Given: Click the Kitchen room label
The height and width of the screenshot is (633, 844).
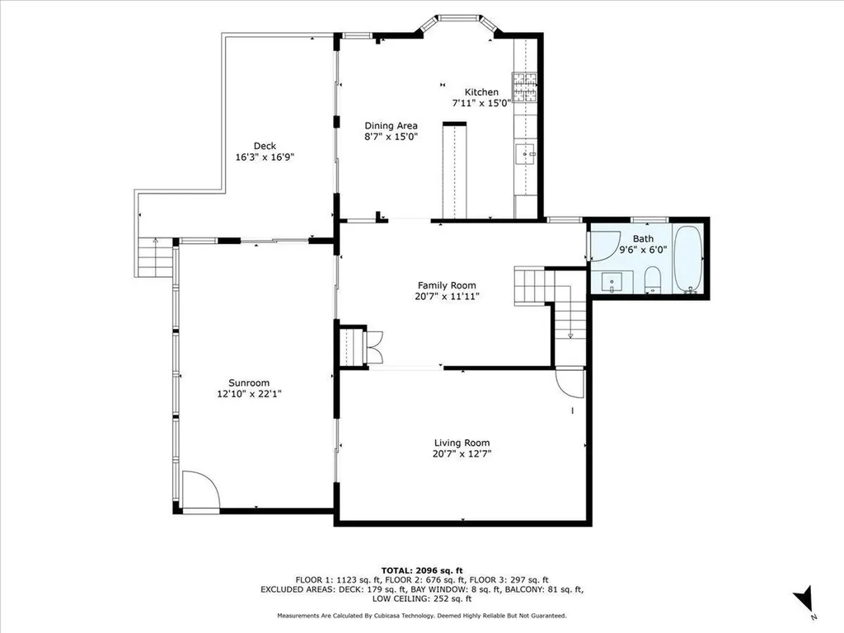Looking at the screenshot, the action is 481,92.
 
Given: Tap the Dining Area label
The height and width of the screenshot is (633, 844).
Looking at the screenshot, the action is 391,126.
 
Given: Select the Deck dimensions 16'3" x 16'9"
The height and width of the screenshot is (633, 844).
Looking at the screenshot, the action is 265,157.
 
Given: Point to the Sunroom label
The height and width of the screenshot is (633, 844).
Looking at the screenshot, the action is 249,383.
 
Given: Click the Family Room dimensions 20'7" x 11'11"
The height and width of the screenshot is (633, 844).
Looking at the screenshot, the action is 447,296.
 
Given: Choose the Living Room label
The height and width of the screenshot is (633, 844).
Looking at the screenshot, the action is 462,443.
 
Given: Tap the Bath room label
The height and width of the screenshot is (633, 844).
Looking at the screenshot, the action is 643,238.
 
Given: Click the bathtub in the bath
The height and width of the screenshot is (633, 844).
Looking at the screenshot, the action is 688,260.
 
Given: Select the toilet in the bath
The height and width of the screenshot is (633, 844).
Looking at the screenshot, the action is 653,279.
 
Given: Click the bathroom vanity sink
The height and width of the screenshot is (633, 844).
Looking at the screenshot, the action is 612,282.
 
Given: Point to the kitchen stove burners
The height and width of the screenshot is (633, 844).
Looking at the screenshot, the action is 525,87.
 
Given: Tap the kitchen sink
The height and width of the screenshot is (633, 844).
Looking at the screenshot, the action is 525,154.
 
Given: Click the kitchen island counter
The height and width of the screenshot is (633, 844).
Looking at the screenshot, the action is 454,171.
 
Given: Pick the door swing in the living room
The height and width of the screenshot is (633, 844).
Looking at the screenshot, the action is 569,382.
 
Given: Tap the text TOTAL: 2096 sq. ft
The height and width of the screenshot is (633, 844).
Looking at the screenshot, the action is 422,570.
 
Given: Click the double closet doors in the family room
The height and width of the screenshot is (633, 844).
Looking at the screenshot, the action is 374,345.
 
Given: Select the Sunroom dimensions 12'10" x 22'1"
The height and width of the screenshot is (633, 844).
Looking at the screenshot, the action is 249,394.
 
